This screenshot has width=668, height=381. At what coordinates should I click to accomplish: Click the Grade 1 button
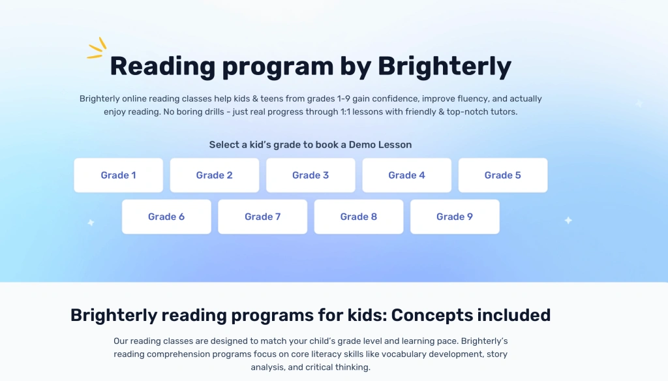point(118,175)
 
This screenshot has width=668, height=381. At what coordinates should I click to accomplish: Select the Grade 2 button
point(214,175)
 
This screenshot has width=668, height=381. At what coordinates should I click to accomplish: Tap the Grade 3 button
point(311,175)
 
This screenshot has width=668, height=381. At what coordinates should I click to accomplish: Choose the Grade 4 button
point(406,175)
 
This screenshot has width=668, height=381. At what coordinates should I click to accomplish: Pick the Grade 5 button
point(502,175)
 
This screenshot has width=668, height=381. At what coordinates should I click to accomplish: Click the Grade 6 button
point(166,217)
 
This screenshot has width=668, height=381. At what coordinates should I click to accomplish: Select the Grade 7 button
point(262,217)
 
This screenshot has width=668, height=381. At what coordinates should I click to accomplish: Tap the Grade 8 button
point(358,217)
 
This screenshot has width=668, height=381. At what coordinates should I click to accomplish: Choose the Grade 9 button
point(455,217)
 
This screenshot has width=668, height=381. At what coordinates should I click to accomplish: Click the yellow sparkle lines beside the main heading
point(97,48)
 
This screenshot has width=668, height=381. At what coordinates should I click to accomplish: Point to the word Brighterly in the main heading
point(444,67)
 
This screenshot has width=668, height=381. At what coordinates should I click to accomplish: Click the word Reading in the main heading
point(162,67)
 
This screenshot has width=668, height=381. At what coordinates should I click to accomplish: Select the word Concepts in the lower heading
point(432,315)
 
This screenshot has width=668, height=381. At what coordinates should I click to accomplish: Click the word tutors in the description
point(502,112)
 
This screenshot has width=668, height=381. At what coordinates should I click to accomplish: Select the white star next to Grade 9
point(568,221)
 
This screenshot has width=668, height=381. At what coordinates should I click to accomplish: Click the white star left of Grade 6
point(91,222)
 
